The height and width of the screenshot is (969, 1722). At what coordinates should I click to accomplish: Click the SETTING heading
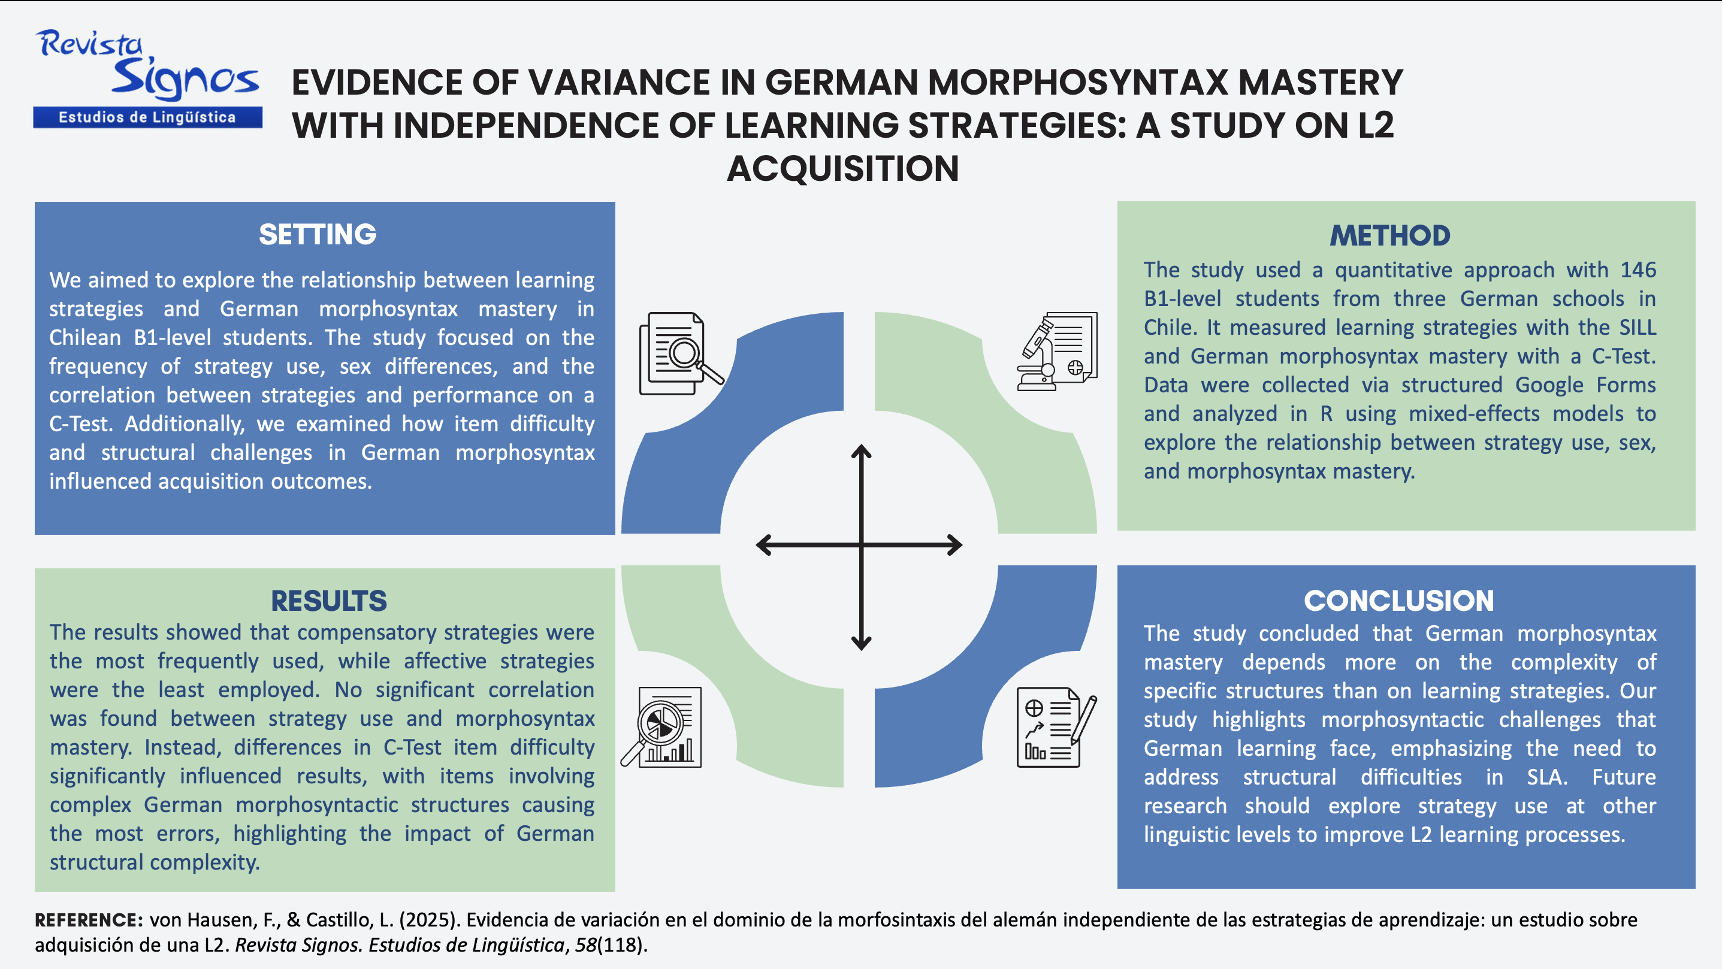(318, 235)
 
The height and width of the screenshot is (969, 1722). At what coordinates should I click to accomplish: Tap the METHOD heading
(1390, 235)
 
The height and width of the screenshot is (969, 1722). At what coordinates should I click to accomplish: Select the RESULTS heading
(329, 601)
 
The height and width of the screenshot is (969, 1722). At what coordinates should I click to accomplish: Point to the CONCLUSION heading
(1399, 601)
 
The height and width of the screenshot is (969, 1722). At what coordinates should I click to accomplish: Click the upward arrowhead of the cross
(861, 451)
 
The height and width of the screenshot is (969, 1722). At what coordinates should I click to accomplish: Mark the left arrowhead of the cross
(763, 544)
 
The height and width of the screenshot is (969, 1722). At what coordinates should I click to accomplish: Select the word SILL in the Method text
(1638, 327)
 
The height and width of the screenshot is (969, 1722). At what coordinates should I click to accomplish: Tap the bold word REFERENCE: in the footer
(89, 920)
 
